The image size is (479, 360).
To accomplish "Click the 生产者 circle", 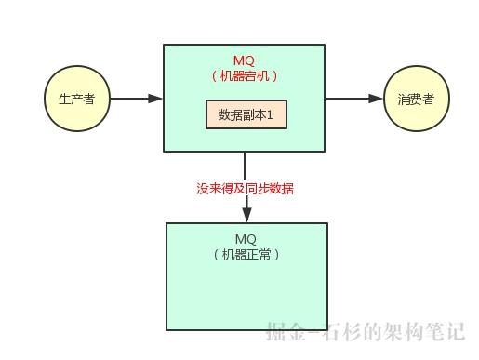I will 76,99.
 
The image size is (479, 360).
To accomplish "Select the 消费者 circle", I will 415,99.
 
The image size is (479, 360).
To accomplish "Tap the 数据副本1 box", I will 246,114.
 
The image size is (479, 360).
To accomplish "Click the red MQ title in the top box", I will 245,61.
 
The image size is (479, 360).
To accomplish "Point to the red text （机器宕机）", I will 245,76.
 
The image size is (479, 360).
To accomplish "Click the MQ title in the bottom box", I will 246,239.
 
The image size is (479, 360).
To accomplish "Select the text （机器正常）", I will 246,254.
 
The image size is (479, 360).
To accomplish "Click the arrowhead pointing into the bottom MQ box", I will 246,216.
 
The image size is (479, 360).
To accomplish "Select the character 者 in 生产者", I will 89,99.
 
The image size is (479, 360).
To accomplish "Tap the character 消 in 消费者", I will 403,99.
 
